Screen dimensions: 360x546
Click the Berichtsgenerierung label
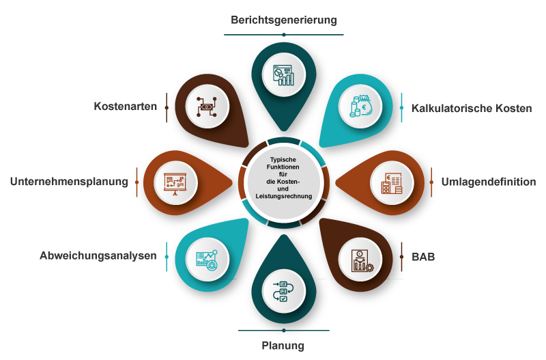[283, 20]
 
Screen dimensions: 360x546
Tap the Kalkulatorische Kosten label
[471, 109]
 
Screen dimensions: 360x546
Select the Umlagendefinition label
[488, 182]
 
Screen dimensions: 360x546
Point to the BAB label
[423, 257]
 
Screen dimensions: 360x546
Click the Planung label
[283, 346]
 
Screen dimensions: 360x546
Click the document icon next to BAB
[360, 260]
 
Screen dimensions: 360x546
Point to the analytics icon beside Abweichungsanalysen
[207, 260]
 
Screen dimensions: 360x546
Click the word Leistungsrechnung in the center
[283, 196]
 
